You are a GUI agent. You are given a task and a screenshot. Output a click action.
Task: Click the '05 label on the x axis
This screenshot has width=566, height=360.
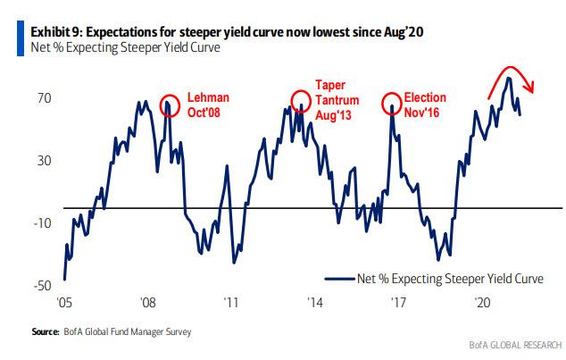point(65,302)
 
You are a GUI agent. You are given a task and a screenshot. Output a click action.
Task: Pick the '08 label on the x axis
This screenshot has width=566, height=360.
point(148,302)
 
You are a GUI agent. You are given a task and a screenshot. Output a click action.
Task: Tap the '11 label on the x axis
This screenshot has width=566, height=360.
point(231,302)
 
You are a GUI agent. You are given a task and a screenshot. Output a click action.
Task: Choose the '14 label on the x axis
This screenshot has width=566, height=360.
point(315,302)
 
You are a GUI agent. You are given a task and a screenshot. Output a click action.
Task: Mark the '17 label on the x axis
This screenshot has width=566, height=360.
point(398,302)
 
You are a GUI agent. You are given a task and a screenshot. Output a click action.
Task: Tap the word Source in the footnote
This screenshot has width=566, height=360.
point(46,332)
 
